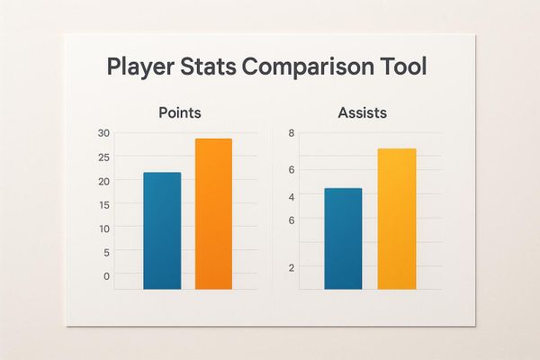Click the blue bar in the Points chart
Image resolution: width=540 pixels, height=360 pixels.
162,230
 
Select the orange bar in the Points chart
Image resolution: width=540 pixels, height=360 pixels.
212,213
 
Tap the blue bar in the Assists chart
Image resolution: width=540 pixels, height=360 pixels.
342,238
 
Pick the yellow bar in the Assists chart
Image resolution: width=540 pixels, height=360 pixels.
396,219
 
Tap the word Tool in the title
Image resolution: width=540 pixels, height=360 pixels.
404,67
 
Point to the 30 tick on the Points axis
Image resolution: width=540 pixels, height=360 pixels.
104,133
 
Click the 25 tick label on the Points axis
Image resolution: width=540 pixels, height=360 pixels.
104,157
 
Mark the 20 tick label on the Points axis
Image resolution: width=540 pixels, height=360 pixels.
104,181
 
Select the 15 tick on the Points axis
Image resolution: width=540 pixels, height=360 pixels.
104,205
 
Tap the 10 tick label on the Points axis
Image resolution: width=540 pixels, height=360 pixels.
104,229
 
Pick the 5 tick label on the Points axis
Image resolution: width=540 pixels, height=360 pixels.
106,253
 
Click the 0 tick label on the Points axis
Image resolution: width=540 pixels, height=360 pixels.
106,276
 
